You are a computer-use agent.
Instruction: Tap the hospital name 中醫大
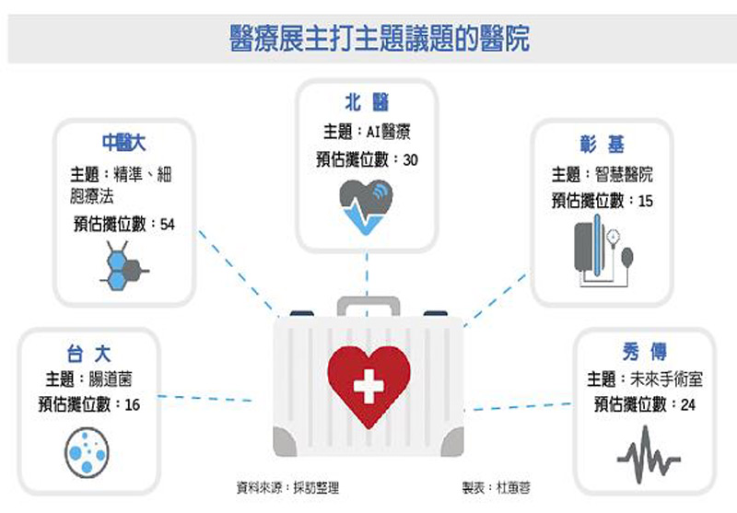123,143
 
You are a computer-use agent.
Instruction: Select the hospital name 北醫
367,101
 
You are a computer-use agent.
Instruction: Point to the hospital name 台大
89,351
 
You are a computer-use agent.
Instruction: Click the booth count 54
167,224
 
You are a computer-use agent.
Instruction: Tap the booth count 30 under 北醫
410,159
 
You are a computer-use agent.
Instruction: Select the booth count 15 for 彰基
645,201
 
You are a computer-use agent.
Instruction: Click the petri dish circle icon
88,451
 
